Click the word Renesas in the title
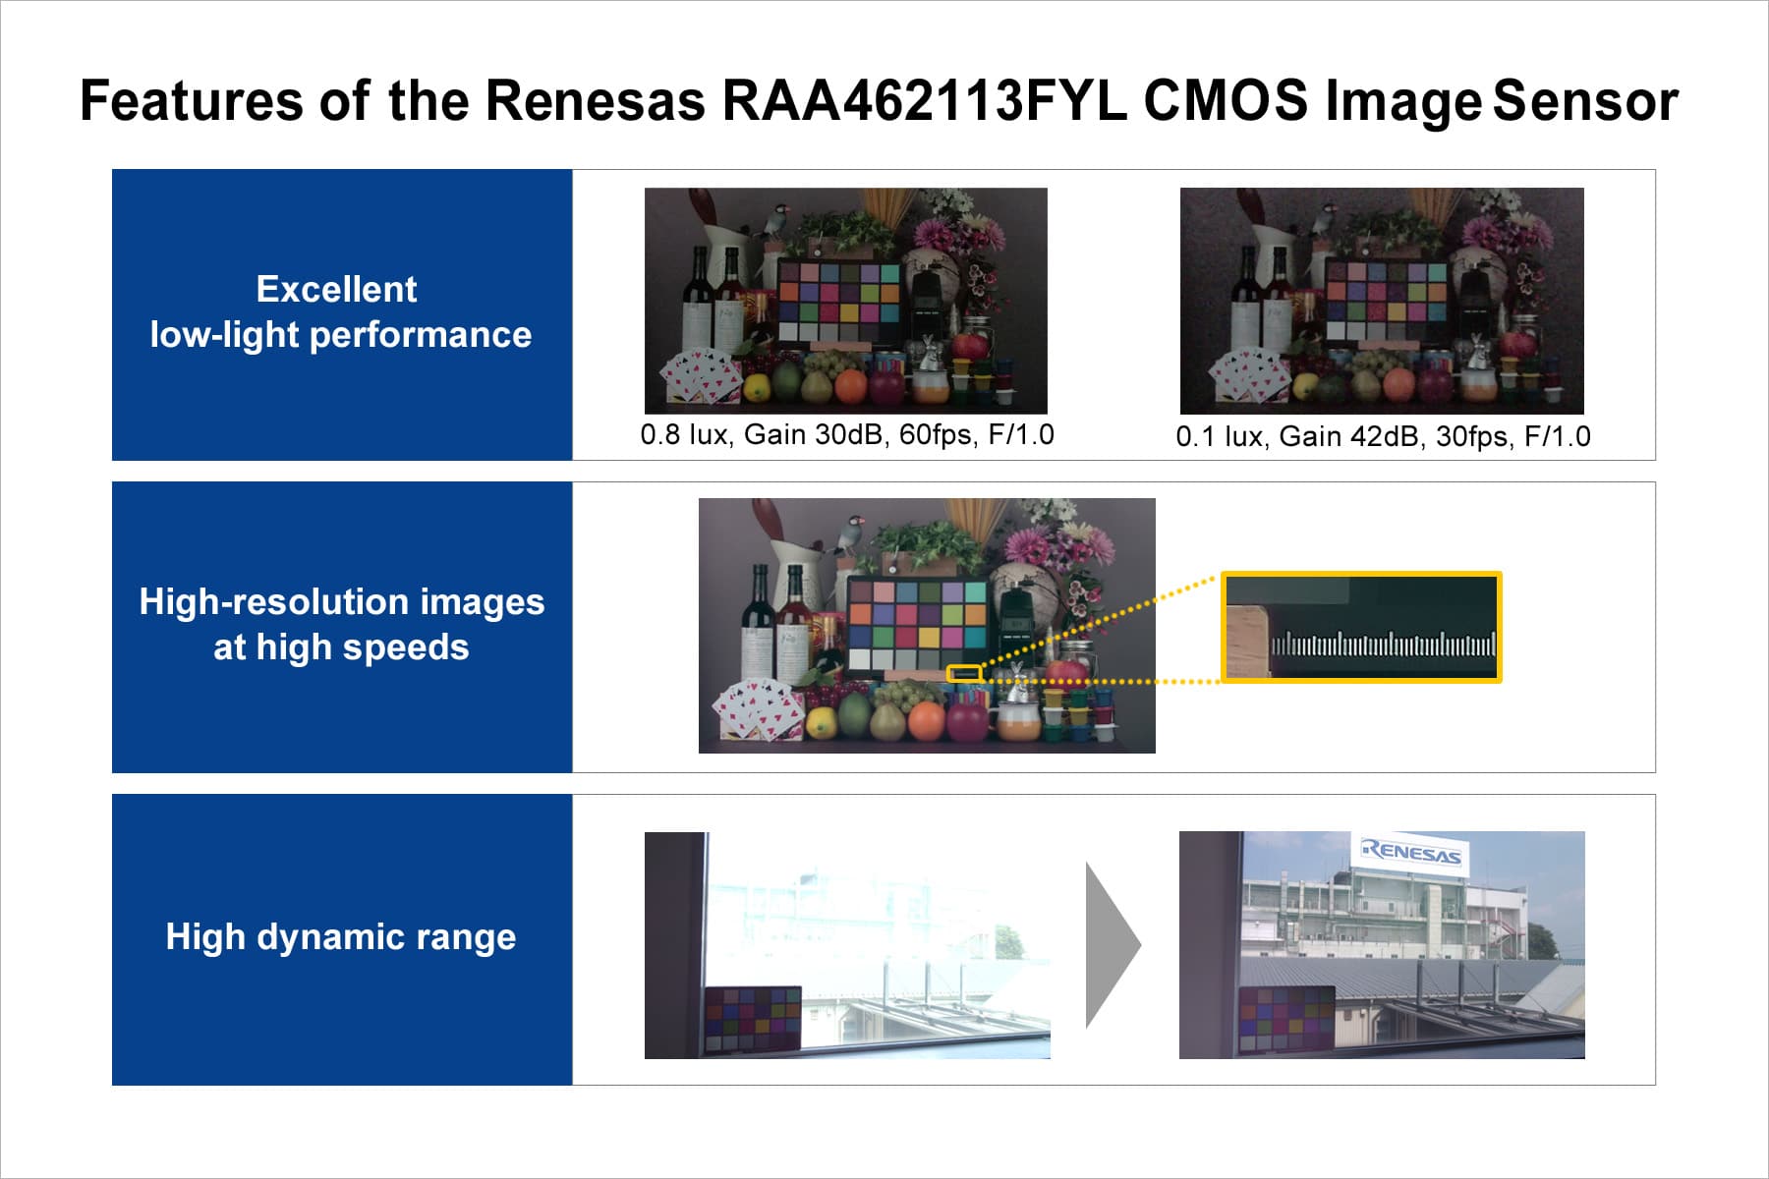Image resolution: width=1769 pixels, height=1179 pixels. (595, 100)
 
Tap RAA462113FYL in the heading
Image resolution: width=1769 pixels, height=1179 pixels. (924, 100)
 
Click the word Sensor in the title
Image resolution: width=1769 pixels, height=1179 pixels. (1585, 100)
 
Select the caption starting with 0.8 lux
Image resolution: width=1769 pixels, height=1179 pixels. (847, 434)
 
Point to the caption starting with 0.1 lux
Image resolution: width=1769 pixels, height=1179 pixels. (1383, 436)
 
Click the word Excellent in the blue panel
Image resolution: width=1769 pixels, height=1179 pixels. (336, 289)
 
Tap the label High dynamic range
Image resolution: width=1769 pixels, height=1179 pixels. (341, 936)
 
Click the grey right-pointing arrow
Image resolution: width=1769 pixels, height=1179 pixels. (1113, 945)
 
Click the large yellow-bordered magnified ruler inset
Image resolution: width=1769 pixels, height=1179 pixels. (1361, 627)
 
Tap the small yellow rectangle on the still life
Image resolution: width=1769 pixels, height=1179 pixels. (964, 674)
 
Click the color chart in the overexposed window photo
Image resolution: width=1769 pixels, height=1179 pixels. (753, 1019)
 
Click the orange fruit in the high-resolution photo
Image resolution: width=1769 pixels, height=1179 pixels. (927, 722)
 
